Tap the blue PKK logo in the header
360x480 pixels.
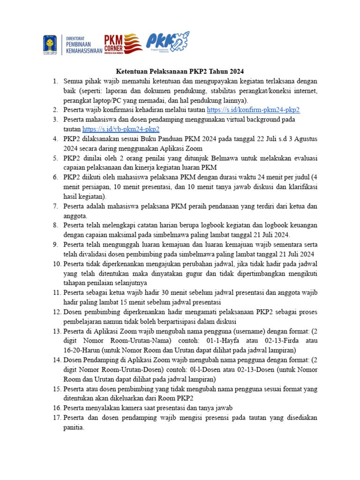pos(167,44)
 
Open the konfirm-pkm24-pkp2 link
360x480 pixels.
pos(253,110)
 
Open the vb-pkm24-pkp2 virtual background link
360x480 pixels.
pos(121,129)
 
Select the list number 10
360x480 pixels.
pos(56,264)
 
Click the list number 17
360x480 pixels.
pos(56,417)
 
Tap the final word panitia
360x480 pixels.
pos(74,427)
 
